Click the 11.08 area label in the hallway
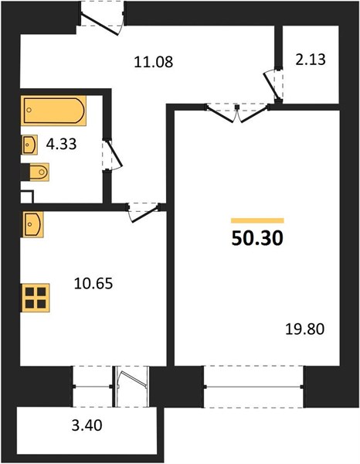(x=154, y=62)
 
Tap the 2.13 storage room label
(x=311, y=60)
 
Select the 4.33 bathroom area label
(x=62, y=144)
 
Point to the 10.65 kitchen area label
(x=93, y=283)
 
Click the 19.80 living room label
(x=304, y=329)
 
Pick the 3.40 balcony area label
(x=87, y=425)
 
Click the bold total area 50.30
(x=257, y=238)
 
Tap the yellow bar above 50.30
(x=257, y=220)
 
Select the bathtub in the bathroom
(x=53, y=111)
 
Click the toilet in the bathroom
(x=39, y=172)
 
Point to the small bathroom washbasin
(x=29, y=145)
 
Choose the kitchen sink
(x=32, y=224)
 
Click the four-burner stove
(x=36, y=298)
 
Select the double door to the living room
(x=237, y=112)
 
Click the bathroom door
(x=112, y=154)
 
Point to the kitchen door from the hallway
(x=144, y=212)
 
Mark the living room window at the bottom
(x=253, y=387)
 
